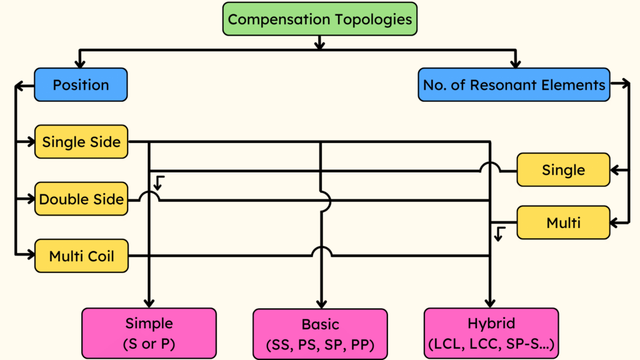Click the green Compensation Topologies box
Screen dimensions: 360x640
[x=319, y=19]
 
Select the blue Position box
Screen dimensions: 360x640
[x=81, y=85]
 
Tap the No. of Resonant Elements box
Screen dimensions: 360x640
[x=514, y=85]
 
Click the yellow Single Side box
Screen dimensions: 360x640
[x=81, y=142]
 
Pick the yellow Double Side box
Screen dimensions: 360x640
[x=81, y=199]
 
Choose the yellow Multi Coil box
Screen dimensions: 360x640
[x=81, y=256]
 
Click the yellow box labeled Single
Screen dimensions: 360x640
[x=563, y=170]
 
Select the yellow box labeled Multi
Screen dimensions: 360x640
[x=563, y=222]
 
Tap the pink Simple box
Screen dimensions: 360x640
[x=149, y=332]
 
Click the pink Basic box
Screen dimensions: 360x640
[x=320, y=333]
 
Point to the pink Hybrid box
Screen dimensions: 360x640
[x=491, y=332]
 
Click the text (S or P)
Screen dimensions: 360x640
[x=149, y=342]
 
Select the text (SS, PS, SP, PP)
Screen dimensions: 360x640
[x=320, y=344]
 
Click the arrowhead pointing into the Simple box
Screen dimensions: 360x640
[x=149, y=303]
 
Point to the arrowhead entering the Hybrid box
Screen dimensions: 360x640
[x=491, y=303]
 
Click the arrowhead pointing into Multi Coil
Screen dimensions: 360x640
[x=30, y=255]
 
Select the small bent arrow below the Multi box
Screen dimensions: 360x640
[x=499, y=234]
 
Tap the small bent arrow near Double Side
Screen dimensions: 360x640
[x=159, y=182]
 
